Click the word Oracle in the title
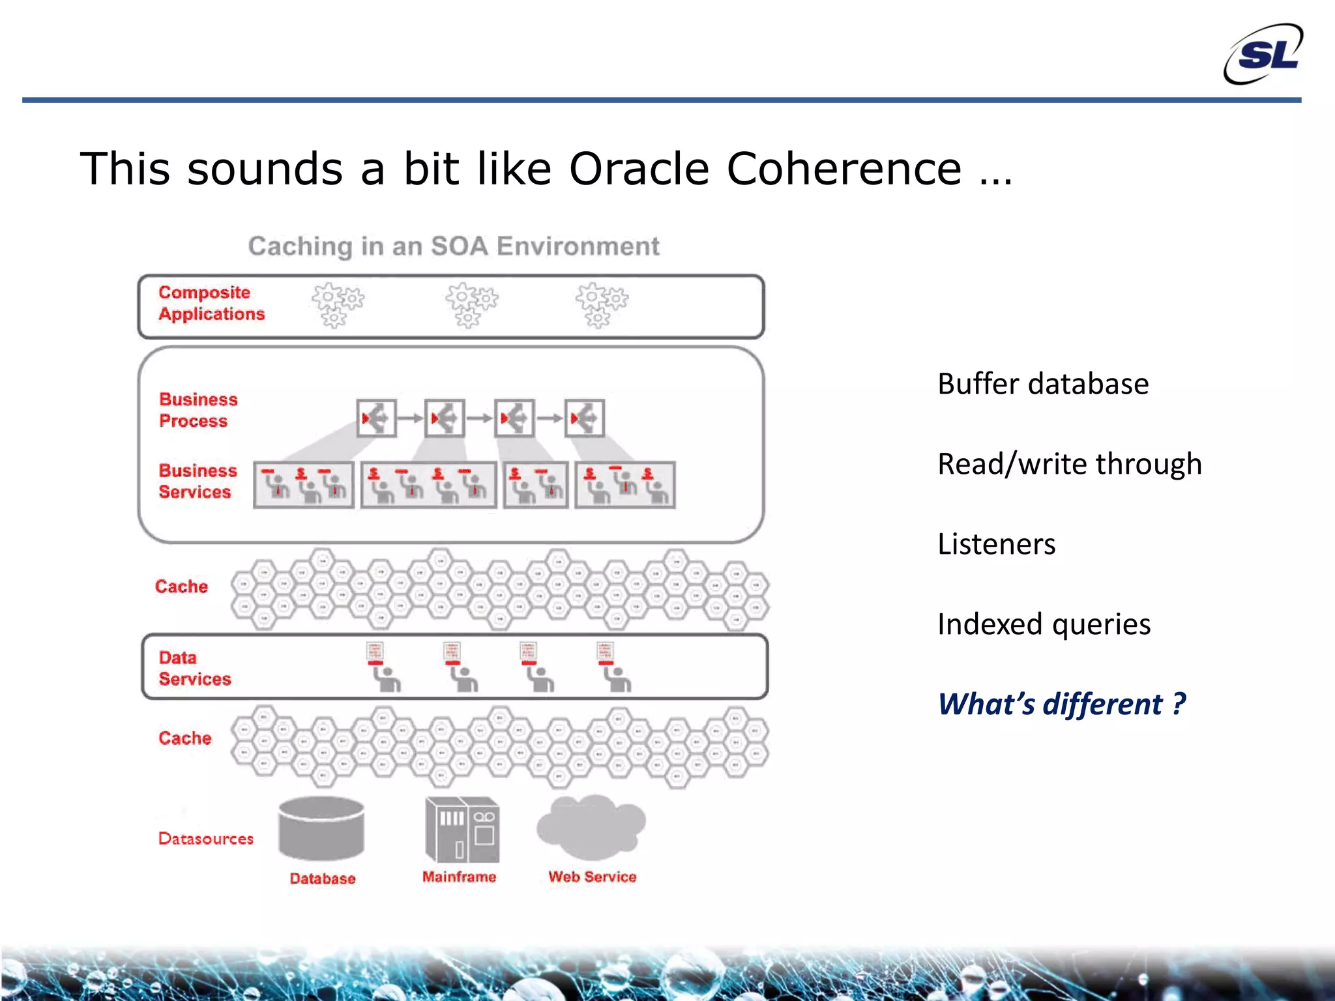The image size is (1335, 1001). (638, 169)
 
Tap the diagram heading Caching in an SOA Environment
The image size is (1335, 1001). (454, 246)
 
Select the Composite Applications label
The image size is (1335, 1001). (211, 303)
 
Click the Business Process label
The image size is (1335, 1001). (198, 410)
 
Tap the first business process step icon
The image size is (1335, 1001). (377, 418)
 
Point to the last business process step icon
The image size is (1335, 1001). (584, 418)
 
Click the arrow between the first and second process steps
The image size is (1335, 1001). (410, 418)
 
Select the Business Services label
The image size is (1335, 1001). (197, 481)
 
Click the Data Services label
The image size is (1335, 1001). (194, 668)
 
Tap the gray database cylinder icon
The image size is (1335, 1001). (321, 828)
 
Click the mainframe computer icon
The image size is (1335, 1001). (462, 829)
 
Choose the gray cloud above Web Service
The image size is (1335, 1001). (591, 826)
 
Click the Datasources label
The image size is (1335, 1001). (205, 839)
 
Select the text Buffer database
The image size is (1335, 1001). (1042, 384)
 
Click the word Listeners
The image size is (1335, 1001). (996, 544)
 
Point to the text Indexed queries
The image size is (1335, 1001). (1044, 624)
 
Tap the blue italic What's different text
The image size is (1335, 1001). (1061, 704)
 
